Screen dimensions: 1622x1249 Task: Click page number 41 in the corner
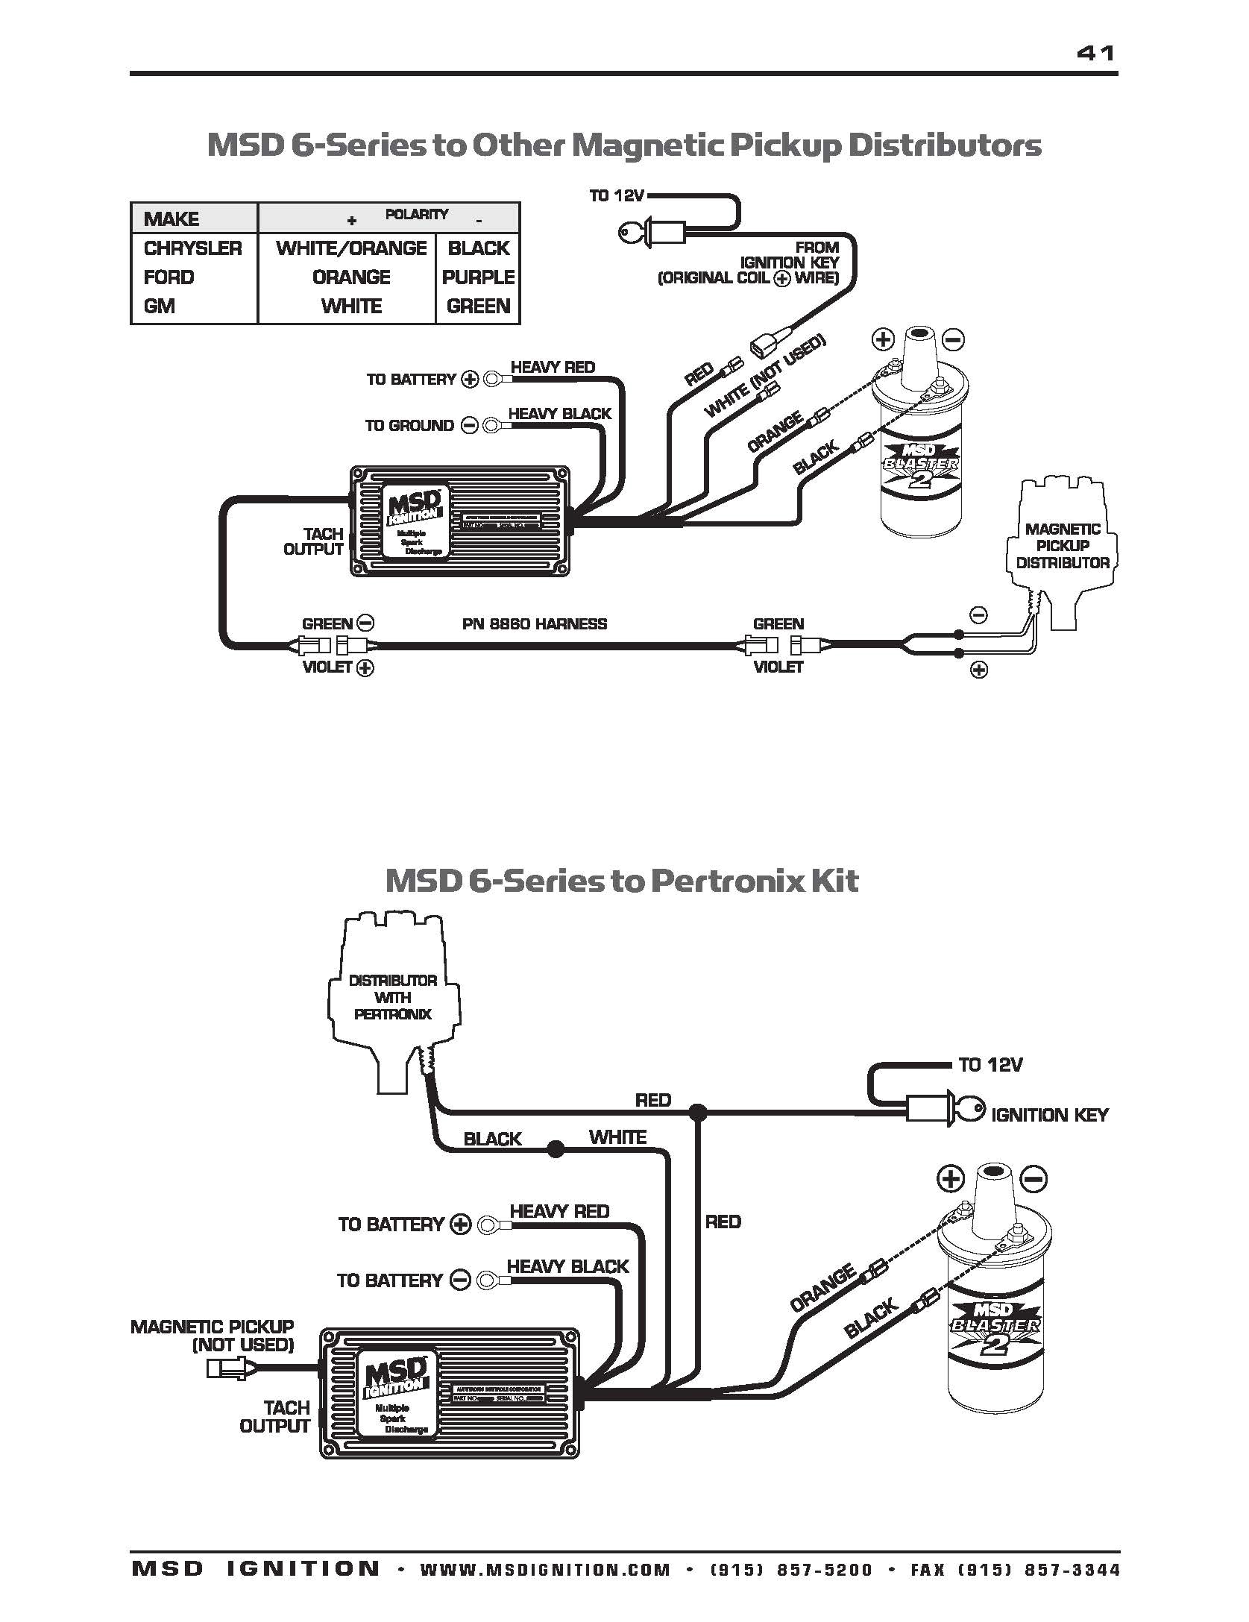coord(1095,53)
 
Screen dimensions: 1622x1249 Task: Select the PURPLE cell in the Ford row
coord(478,277)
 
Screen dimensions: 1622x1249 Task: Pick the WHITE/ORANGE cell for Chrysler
coord(351,248)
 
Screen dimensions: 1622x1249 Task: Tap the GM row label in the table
coord(160,307)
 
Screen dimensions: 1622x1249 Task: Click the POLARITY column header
coord(416,215)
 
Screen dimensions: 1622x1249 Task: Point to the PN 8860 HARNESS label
coord(534,624)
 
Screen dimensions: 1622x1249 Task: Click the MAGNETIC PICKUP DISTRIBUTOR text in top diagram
coord(1063,546)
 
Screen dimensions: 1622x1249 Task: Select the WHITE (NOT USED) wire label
coord(765,377)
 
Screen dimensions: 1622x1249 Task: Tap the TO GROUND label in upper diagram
coord(409,426)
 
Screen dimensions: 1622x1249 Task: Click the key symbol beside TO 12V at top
coord(635,233)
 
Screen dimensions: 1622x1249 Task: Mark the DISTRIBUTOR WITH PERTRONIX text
coord(393,997)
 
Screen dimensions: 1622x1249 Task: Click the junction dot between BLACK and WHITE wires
coord(555,1149)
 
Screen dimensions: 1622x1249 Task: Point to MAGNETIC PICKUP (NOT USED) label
coord(213,1336)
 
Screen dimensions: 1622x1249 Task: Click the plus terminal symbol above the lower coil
coord(950,1180)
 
